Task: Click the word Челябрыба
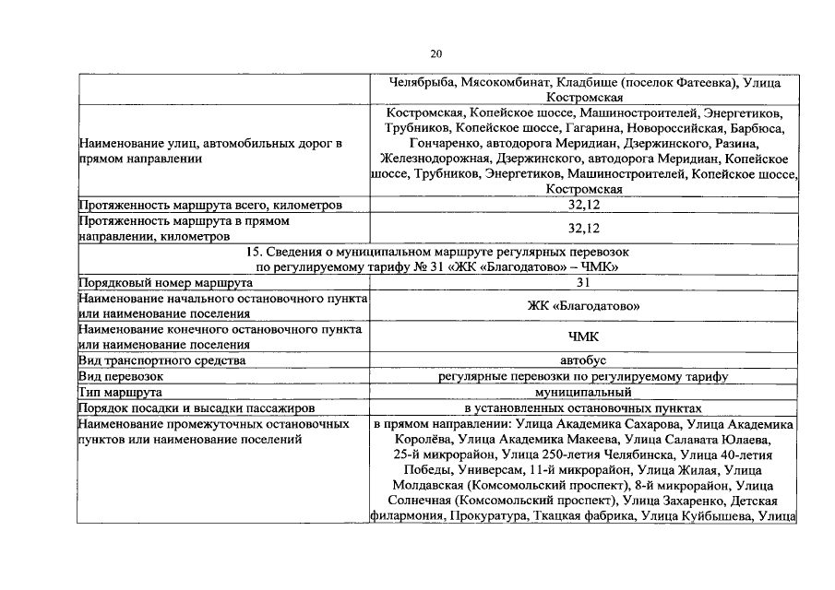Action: (422, 83)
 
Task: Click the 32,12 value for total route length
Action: (583, 205)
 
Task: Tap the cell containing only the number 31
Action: (583, 283)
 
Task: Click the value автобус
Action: (583, 360)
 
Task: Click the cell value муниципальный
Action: (583, 392)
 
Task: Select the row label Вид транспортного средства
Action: (163, 360)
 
